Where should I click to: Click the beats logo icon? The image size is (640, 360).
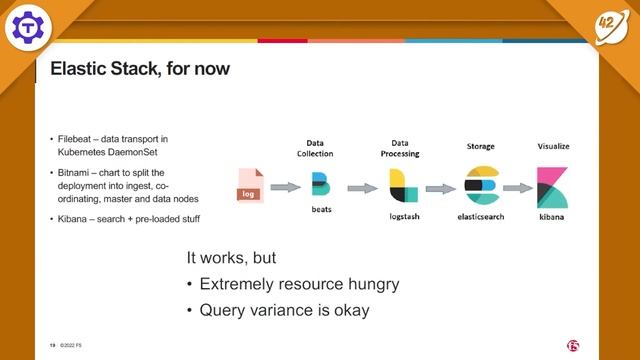[x=320, y=186]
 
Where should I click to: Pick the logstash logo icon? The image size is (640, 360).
[x=403, y=186]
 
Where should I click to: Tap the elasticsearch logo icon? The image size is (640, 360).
[x=481, y=186]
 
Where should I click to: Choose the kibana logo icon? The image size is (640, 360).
[x=553, y=187]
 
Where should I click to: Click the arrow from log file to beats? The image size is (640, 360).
[x=285, y=187]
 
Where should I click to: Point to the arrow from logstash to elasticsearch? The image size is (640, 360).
[x=441, y=187]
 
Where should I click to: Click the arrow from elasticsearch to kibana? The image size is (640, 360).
[x=517, y=187]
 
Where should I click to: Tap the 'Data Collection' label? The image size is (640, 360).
[x=317, y=149]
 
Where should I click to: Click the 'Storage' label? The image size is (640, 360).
[x=480, y=146]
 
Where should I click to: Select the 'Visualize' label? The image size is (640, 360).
[x=553, y=146]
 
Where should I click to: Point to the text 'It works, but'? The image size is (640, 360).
[x=230, y=258]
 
